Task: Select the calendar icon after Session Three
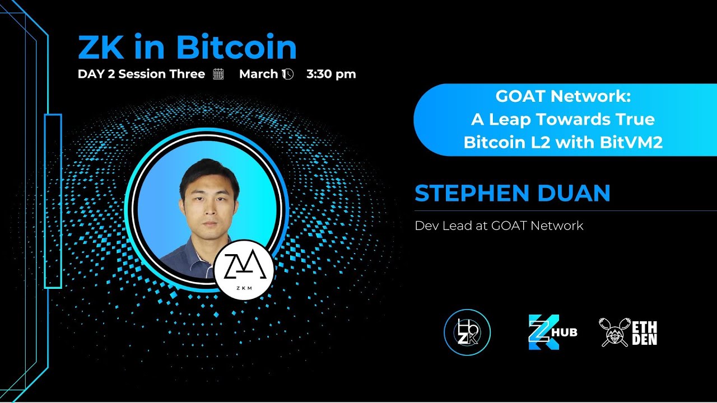coord(218,74)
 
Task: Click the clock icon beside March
coord(287,74)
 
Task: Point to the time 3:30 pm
coord(331,74)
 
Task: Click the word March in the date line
coord(258,74)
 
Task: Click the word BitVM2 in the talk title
coord(631,143)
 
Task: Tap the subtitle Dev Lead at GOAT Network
coord(499,226)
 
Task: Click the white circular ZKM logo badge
coord(244,269)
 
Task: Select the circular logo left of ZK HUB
coord(467,332)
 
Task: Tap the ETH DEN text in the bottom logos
coord(645,332)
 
